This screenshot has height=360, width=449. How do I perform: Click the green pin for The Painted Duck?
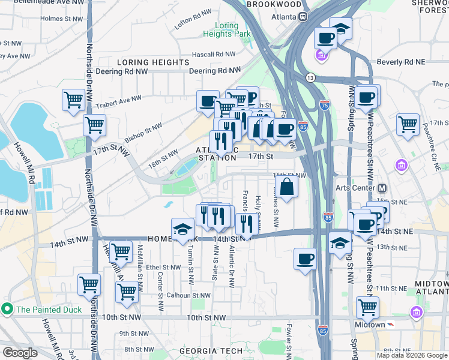(x=7, y=310)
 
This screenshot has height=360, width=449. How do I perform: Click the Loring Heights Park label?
(x=232, y=29)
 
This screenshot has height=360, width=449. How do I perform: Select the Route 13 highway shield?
(x=310, y=78)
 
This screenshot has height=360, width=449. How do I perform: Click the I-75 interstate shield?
(x=325, y=104)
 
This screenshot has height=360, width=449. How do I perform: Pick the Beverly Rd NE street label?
(x=400, y=62)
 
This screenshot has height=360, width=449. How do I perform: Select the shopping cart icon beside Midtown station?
(x=367, y=308)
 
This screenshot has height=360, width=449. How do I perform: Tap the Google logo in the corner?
(x=20, y=353)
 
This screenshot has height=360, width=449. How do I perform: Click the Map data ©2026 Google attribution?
(x=412, y=355)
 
